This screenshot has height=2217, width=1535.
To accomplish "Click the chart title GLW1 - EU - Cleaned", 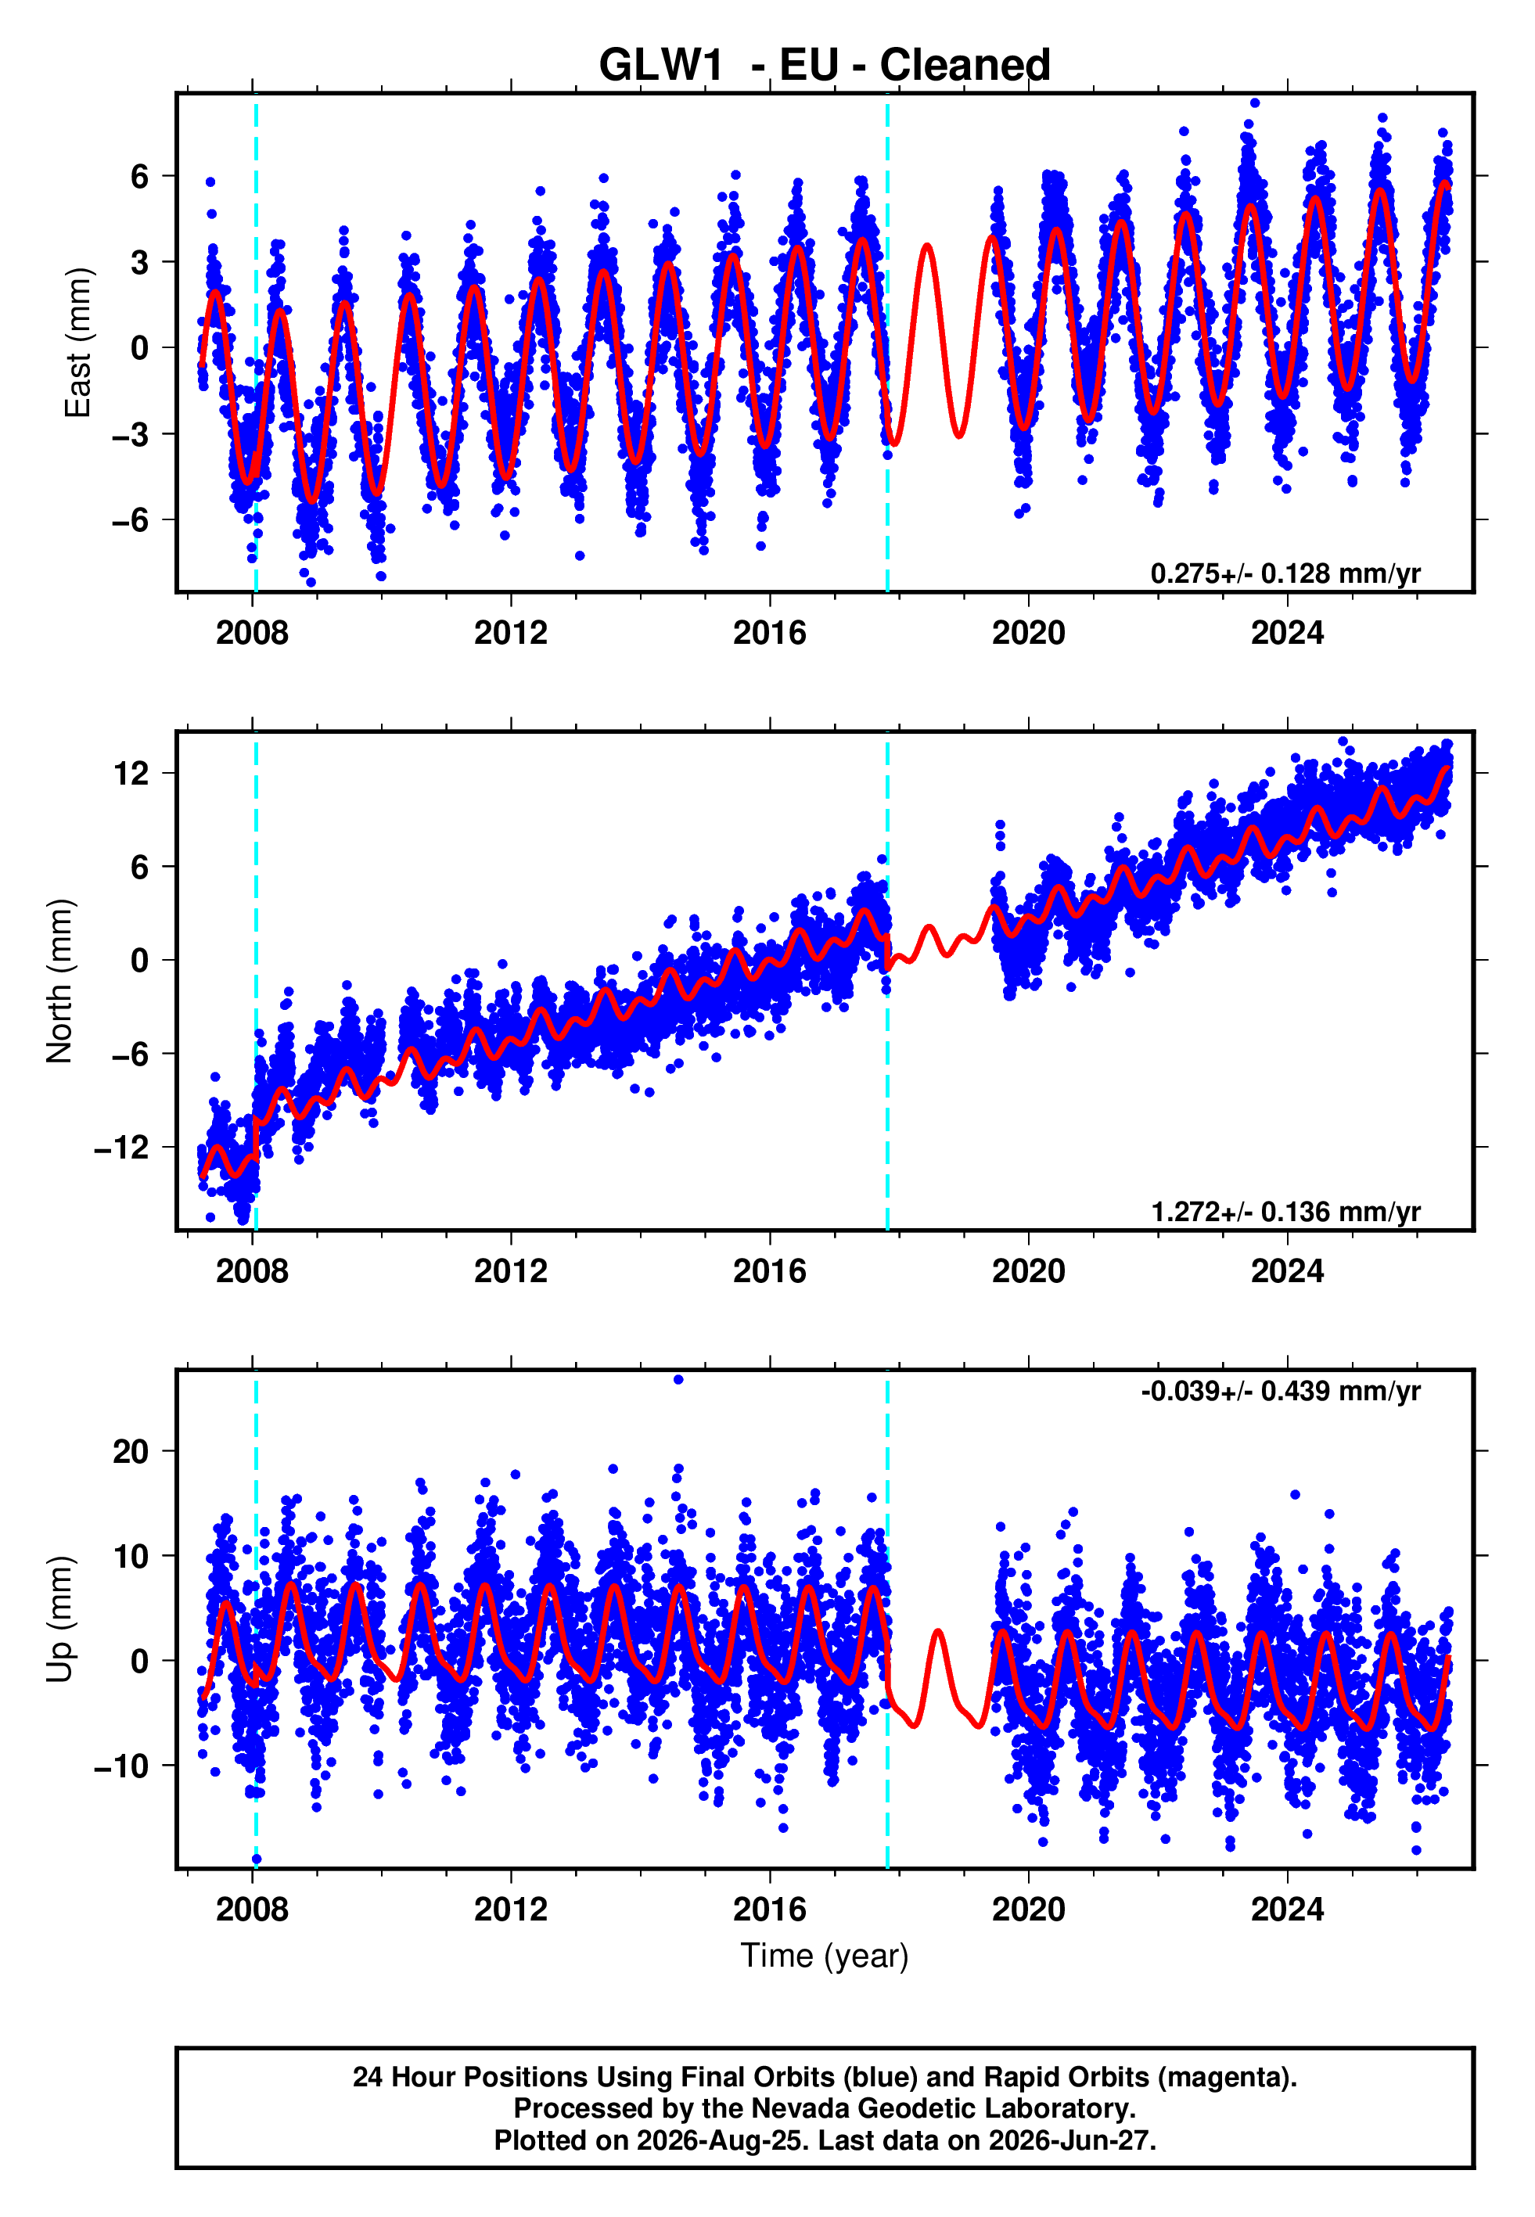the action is (825, 66).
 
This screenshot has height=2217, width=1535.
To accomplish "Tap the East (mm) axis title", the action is (78, 343).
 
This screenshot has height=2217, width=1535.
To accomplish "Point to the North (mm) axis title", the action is (59, 981).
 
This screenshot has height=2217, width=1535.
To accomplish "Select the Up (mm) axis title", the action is (59, 1619).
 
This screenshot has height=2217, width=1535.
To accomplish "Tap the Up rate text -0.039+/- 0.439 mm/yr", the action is (1280, 1391).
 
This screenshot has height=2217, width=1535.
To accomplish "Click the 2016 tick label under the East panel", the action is (769, 633).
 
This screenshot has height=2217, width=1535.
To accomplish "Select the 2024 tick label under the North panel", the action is (1287, 1271).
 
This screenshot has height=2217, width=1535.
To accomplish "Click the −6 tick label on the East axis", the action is (131, 520).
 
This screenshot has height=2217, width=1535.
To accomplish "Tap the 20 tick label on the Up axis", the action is (131, 1451).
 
